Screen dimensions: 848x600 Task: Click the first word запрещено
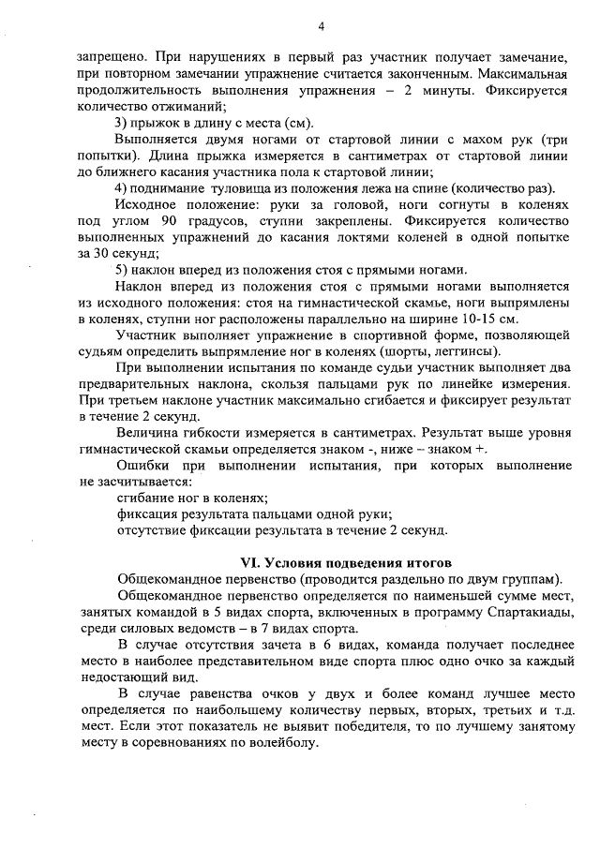(x=110, y=57)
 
